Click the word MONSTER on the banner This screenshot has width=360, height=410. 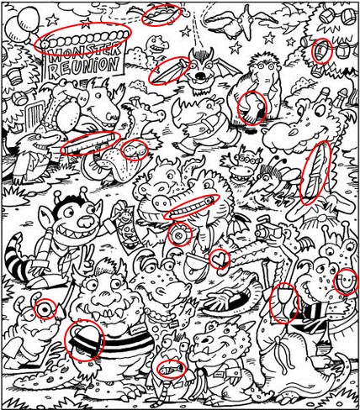(84, 52)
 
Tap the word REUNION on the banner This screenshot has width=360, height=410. (83, 67)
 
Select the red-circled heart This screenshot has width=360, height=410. (220, 260)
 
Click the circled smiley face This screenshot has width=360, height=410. (346, 281)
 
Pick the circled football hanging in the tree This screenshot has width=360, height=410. (322, 51)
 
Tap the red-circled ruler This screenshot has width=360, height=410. (89, 143)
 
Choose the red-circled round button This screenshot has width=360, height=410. (179, 234)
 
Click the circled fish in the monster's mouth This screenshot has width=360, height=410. (172, 369)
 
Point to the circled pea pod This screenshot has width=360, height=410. (161, 14)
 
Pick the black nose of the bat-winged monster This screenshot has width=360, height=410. (200, 76)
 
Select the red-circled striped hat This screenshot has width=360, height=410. (85, 339)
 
